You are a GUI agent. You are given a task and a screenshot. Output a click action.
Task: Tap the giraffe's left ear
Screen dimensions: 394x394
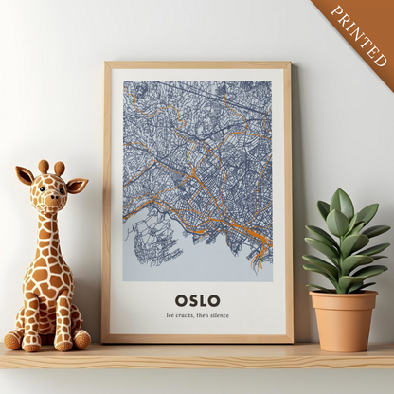point(25,175)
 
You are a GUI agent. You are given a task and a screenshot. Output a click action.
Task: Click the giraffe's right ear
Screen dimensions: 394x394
point(77,185)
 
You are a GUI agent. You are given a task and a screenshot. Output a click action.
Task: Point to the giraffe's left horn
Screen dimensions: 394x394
point(43,167)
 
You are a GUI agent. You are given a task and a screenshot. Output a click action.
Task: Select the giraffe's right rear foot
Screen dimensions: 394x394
point(81,338)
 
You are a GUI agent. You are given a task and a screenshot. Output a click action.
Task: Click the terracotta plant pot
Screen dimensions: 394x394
point(344,322)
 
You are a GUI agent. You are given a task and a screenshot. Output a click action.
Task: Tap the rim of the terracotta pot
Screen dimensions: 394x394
point(344,296)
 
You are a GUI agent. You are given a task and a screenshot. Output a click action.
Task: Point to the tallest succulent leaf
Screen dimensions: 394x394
point(342,203)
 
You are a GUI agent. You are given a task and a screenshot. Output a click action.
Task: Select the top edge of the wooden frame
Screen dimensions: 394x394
point(197,65)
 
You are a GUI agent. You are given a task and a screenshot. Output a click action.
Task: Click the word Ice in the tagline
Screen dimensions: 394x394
point(170,315)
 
